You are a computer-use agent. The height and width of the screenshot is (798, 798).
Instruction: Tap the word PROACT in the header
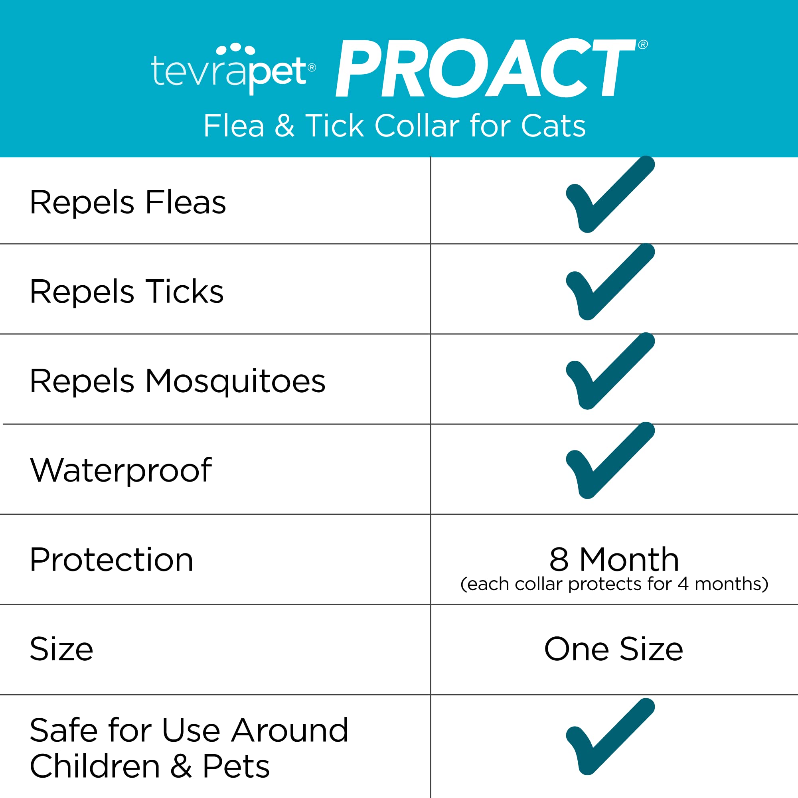[x=486, y=68]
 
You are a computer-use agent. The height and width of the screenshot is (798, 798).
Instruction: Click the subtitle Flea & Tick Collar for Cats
[x=395, y=126]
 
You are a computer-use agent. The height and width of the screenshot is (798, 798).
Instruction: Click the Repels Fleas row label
[x=128, y=202]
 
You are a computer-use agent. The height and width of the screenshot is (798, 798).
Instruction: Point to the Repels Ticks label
[x=127, y=292]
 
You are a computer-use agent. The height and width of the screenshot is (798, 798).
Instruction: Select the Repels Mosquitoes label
[x=178, y=381]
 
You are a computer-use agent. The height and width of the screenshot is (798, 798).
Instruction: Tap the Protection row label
[x=112, y=560]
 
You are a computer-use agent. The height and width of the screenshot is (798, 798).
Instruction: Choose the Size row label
[x=61, y=649]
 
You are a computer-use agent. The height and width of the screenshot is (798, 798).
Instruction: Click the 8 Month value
[x=614, y=559]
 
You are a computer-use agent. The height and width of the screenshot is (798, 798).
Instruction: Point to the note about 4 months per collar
[x=614, y=584]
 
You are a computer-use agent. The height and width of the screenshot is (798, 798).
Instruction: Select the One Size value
[x=614, y=649]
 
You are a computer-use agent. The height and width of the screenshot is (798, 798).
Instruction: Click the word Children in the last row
[x=95, y=766]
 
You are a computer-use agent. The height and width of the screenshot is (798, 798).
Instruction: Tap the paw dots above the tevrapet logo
[x=235, y=48]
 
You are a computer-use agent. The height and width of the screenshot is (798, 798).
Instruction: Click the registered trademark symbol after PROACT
[x=643, y=45]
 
